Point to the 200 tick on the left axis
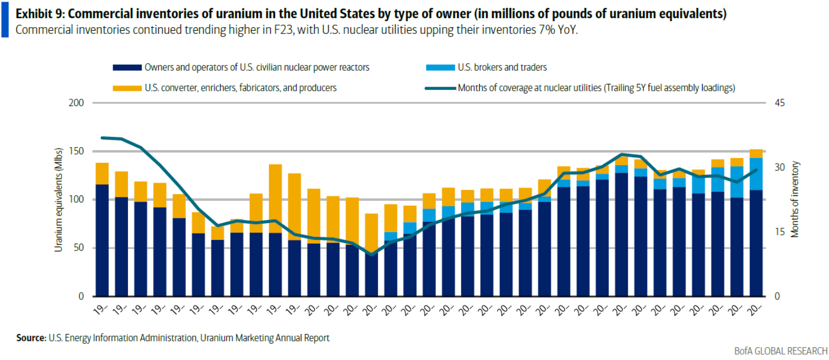(x=77, y=102)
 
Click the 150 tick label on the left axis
(x=77, y=151)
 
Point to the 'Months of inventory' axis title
(x=795, y=200)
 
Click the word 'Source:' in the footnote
(x=31, y=337)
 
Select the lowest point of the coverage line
(x=372, y=254)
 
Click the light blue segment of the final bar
(x=756, y=174)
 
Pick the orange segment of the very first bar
(x=102, y=174)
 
